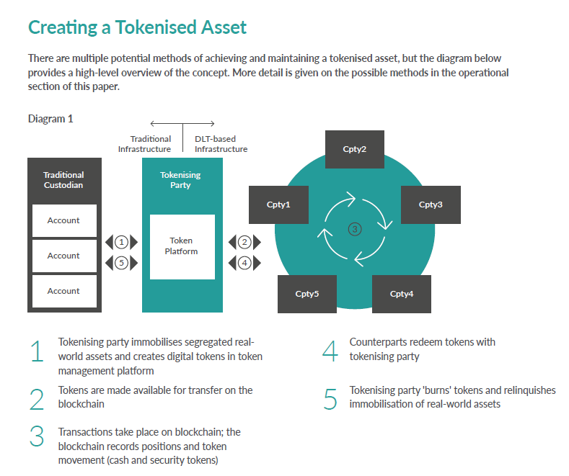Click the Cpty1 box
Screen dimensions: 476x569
278,205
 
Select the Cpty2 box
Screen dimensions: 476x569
354,149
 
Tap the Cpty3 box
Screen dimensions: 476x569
431,205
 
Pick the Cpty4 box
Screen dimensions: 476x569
401,294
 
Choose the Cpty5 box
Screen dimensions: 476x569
307,294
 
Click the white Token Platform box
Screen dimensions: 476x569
182,246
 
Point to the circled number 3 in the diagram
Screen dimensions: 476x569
354,229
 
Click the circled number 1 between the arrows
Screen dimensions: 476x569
122,242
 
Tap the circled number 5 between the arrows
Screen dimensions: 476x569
122,263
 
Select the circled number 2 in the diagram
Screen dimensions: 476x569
245,242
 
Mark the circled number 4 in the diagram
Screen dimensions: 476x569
245,263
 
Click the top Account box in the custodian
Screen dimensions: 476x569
63,220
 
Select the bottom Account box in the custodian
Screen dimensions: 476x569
63,291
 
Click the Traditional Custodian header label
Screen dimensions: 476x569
63,179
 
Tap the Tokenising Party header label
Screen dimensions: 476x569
180,179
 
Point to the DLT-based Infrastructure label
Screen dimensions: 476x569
221,144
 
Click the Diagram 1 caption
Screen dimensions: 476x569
50,119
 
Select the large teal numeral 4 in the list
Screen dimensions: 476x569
330,350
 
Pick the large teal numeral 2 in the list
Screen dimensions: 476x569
38,398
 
